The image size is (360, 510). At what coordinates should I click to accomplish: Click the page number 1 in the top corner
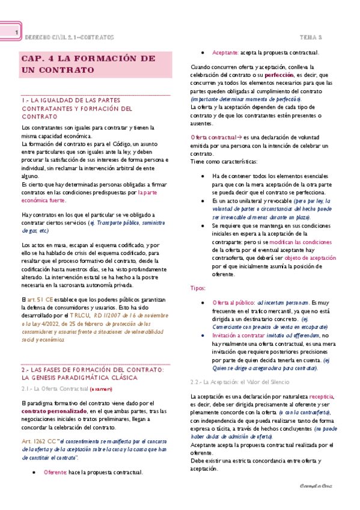click(17, 32)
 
